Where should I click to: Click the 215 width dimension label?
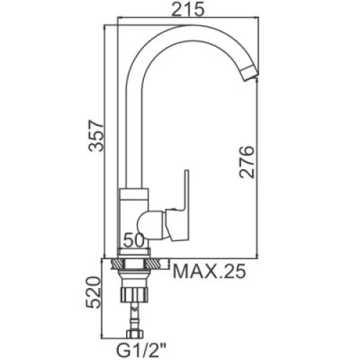pos(188,9)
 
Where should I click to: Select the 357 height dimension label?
pos(96,135)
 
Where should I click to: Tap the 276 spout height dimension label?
pos(247,162)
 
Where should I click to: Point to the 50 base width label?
pos(134,240)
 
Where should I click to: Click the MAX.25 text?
pos(210,271)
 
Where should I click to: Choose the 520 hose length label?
pos(93,292)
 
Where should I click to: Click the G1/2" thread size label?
pos(140,351)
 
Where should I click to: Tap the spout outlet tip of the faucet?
pos(250,73)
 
